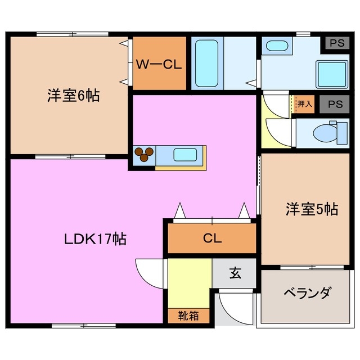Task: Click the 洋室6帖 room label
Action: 73,96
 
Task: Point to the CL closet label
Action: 212,238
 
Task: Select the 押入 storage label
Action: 304,103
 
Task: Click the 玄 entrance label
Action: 235,274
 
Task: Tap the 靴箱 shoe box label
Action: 190,316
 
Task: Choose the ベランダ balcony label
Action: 307,293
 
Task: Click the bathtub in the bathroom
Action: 206,62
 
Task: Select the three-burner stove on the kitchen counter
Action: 145,154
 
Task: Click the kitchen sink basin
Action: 184,154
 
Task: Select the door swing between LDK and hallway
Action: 149,273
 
